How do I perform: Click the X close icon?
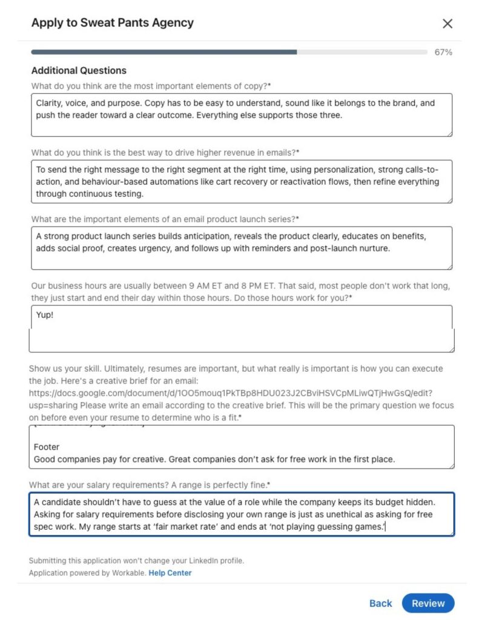click(448, 24)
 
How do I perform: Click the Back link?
click(380, 603)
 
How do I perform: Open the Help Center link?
click(170, 573)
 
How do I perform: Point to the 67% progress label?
click(443, 52)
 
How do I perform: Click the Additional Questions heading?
click(79, 70)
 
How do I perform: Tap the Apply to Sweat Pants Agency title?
click(113, 23)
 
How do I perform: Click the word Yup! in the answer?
click(45, 315)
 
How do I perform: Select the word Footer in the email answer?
click(47, 447)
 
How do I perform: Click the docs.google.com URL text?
click(230, 393)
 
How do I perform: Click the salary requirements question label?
click(149, 485)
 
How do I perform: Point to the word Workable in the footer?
click(129, 573)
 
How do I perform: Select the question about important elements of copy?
click(151, 86)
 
